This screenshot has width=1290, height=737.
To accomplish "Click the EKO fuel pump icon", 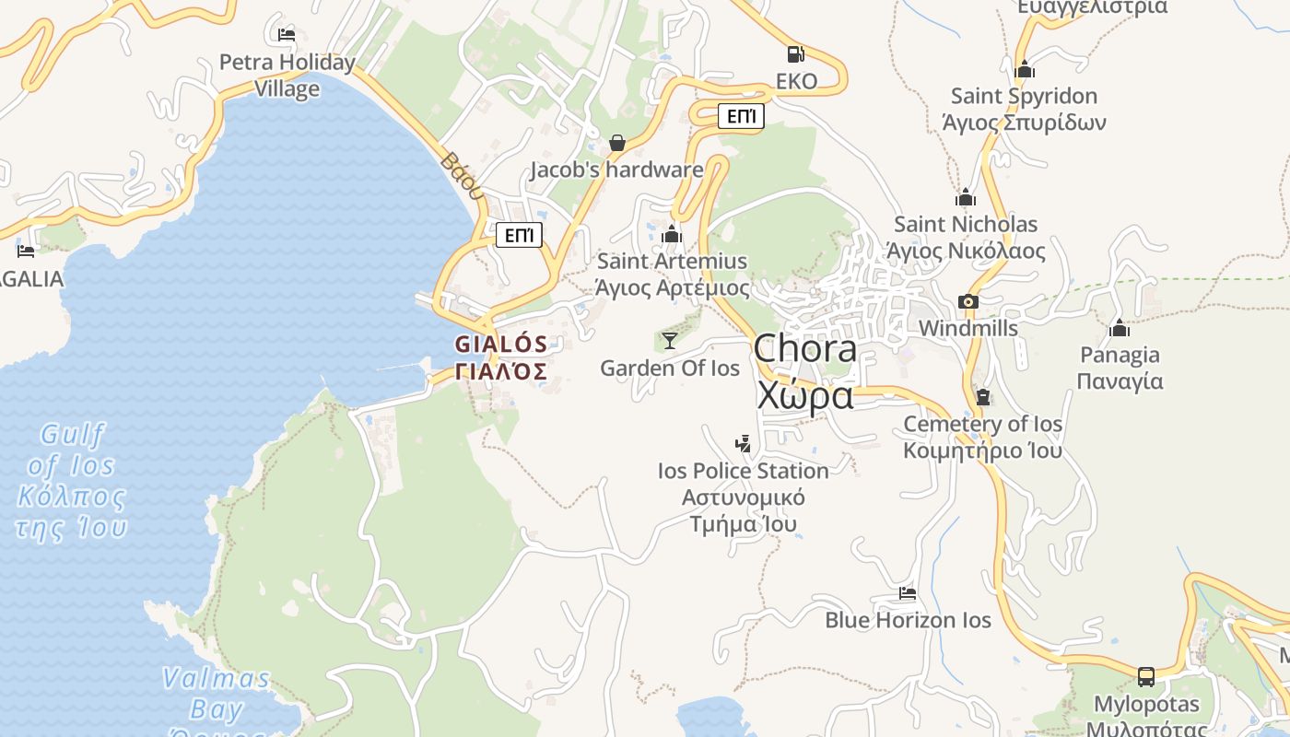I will [796, 54].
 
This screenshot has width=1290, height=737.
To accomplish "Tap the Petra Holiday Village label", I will [287, 76].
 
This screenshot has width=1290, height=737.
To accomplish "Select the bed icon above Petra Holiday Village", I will [287, 35].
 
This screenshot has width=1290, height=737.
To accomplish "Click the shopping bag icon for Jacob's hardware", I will [617, 143].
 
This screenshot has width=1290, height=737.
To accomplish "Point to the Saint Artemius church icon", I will [672, 234].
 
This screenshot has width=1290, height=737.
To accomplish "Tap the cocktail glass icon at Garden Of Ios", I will [670, 341].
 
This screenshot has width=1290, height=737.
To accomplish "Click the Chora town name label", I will [805, 371].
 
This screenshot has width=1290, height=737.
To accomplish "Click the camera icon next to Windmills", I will [967, 301].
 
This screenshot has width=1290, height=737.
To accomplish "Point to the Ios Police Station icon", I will [743, 444].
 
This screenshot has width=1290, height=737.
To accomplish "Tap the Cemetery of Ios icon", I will [982, 397].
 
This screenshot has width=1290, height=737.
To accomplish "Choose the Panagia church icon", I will [1120, 328].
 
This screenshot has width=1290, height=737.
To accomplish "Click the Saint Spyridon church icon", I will [1024, 69].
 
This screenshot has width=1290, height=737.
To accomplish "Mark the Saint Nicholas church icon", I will [966, 197].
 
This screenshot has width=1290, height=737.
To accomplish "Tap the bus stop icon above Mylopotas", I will [1146, 677].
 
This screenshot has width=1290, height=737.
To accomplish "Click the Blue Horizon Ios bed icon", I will [908, 593].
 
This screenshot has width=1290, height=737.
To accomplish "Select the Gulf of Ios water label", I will [72, 480].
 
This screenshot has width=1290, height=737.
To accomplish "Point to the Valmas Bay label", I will [217, 694].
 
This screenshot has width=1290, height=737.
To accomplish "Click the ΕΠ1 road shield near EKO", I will [741, 116].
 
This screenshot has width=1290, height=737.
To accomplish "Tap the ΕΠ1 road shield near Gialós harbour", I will [519, 235].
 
